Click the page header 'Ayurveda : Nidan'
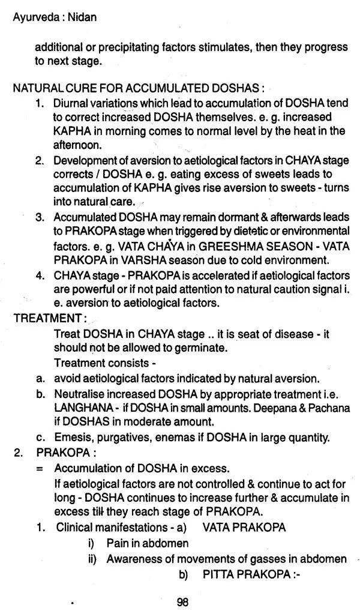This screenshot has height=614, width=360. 54,17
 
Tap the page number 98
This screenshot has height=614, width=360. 183,601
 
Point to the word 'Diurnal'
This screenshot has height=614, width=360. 71,103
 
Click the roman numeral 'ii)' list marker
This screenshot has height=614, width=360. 97,558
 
